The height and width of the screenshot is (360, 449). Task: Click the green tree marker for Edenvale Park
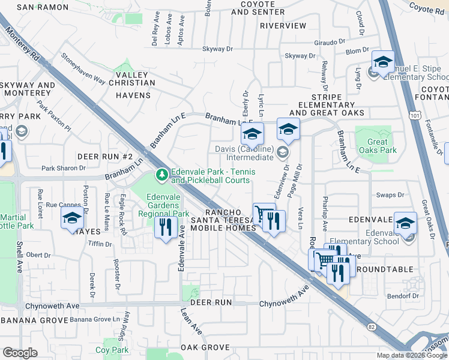pyautogui.click(x=161, y=175)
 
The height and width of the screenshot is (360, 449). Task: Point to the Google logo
pyautogui.click(x=20, y=353)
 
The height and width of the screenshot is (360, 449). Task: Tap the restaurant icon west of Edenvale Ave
pyautogui.click(x=164, y=227)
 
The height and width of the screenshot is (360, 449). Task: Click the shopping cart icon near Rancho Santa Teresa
pyautogui.click(x=262, y=214)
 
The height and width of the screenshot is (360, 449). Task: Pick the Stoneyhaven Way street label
pyautogui.click(x=82, y=71)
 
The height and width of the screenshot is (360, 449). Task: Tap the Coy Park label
pyautogui.click(x=112, y=350)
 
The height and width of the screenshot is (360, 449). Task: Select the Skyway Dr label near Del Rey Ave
pyautogui.click(x=217, y=49)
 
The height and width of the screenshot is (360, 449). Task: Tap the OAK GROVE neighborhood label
pyautogui.click(x=205, y=347)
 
